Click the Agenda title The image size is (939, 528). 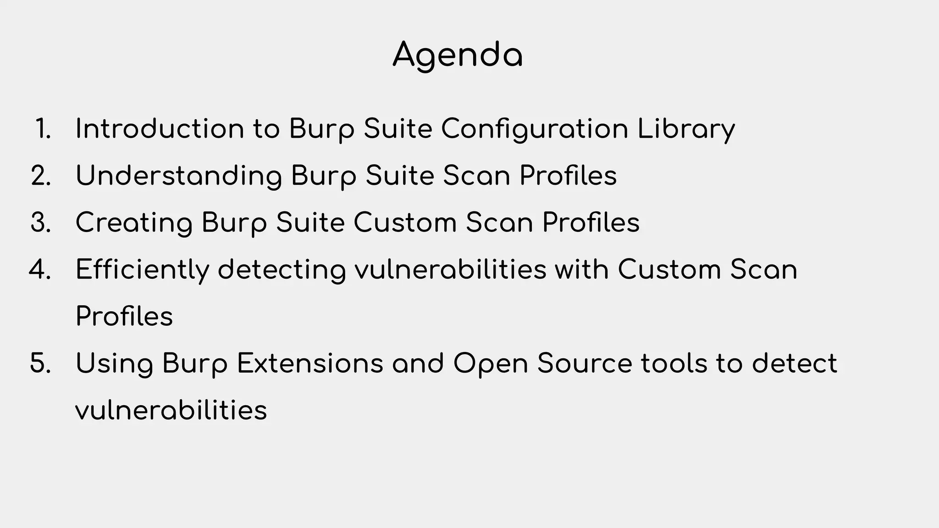point(458,55)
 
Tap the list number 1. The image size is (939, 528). point(43,129)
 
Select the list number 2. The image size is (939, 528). point(41,176)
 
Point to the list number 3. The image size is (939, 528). point(41,223)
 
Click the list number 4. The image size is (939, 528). point(40,269)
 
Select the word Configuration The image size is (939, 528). point(535,129)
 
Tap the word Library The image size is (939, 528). point(686,130)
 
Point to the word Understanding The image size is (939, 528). point(179,176)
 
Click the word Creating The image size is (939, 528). point(134,223)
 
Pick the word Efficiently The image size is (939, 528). point(142,270)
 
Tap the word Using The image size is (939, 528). point(114,364)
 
